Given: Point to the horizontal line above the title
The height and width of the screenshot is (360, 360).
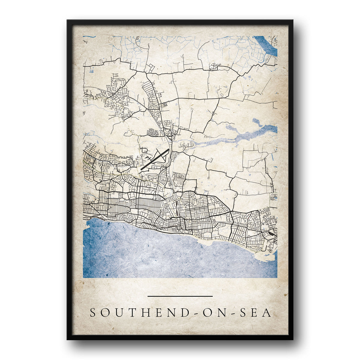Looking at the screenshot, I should click(180, 296).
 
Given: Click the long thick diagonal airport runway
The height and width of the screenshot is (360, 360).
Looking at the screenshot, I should click(155, 160).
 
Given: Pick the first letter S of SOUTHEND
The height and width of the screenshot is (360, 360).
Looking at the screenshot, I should click(93, 313).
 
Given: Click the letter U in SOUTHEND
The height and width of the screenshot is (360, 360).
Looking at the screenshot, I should click(118, 313).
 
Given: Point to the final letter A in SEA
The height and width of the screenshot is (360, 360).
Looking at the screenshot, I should click(267, 313).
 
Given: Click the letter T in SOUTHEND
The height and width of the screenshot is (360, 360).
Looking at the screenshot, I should click(130, 313).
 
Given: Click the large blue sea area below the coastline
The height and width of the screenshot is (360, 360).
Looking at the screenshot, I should click(168, 255).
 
